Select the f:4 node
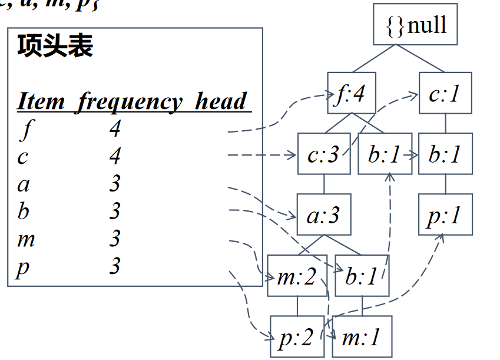352,94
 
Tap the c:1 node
445,93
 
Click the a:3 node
323,215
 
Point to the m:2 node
296,276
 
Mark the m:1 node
361,337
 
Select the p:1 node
445,215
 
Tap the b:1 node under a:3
361,276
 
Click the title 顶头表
55,45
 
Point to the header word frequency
130,101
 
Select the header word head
221,101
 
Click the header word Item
41,101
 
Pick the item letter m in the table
26,239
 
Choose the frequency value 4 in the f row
115,129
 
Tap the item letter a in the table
24,184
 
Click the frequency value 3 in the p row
115,266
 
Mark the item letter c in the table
23,157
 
